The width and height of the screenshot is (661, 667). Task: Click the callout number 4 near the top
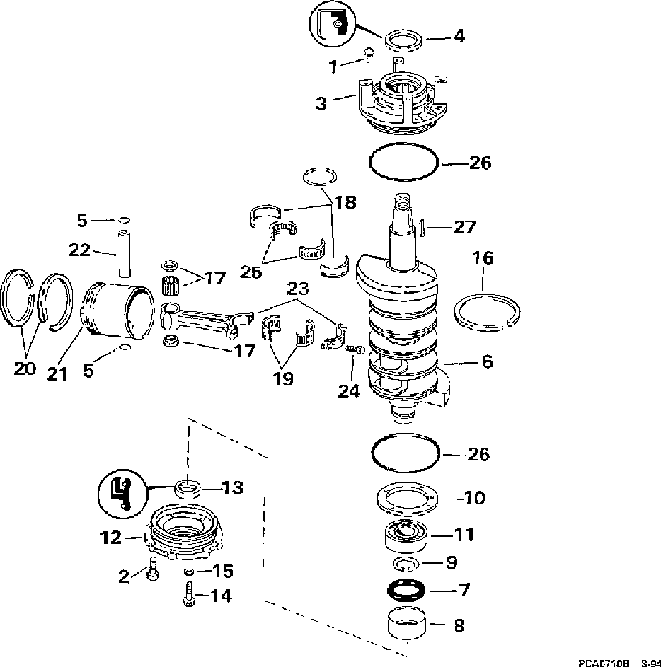[x=459, y=35]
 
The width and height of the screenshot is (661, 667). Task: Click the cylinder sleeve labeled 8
[x=408, y=623]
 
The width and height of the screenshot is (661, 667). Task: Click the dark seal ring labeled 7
[x=406, y=588]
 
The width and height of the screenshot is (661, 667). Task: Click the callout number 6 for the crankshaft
[x=487, y=361]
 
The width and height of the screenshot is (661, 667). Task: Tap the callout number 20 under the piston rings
[x=25, y=369]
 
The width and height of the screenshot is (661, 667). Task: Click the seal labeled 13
[x=188, y=487]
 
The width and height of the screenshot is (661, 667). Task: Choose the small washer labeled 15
[x=189, y=571]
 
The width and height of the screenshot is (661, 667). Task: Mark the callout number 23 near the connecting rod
[x=299, y=288]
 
